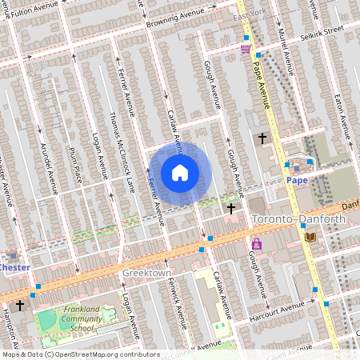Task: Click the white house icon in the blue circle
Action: (x=180, y=172)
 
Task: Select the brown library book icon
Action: (x=310, y=236)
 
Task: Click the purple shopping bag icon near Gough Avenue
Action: (x=256, y=244)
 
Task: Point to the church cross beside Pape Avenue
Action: (x=262, y=138)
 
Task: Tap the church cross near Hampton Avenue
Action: (x=20, y=306)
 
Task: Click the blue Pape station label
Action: (x=297, y=180)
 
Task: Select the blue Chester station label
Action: (x=14, y=266)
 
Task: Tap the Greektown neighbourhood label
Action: (x=147, y=273)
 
